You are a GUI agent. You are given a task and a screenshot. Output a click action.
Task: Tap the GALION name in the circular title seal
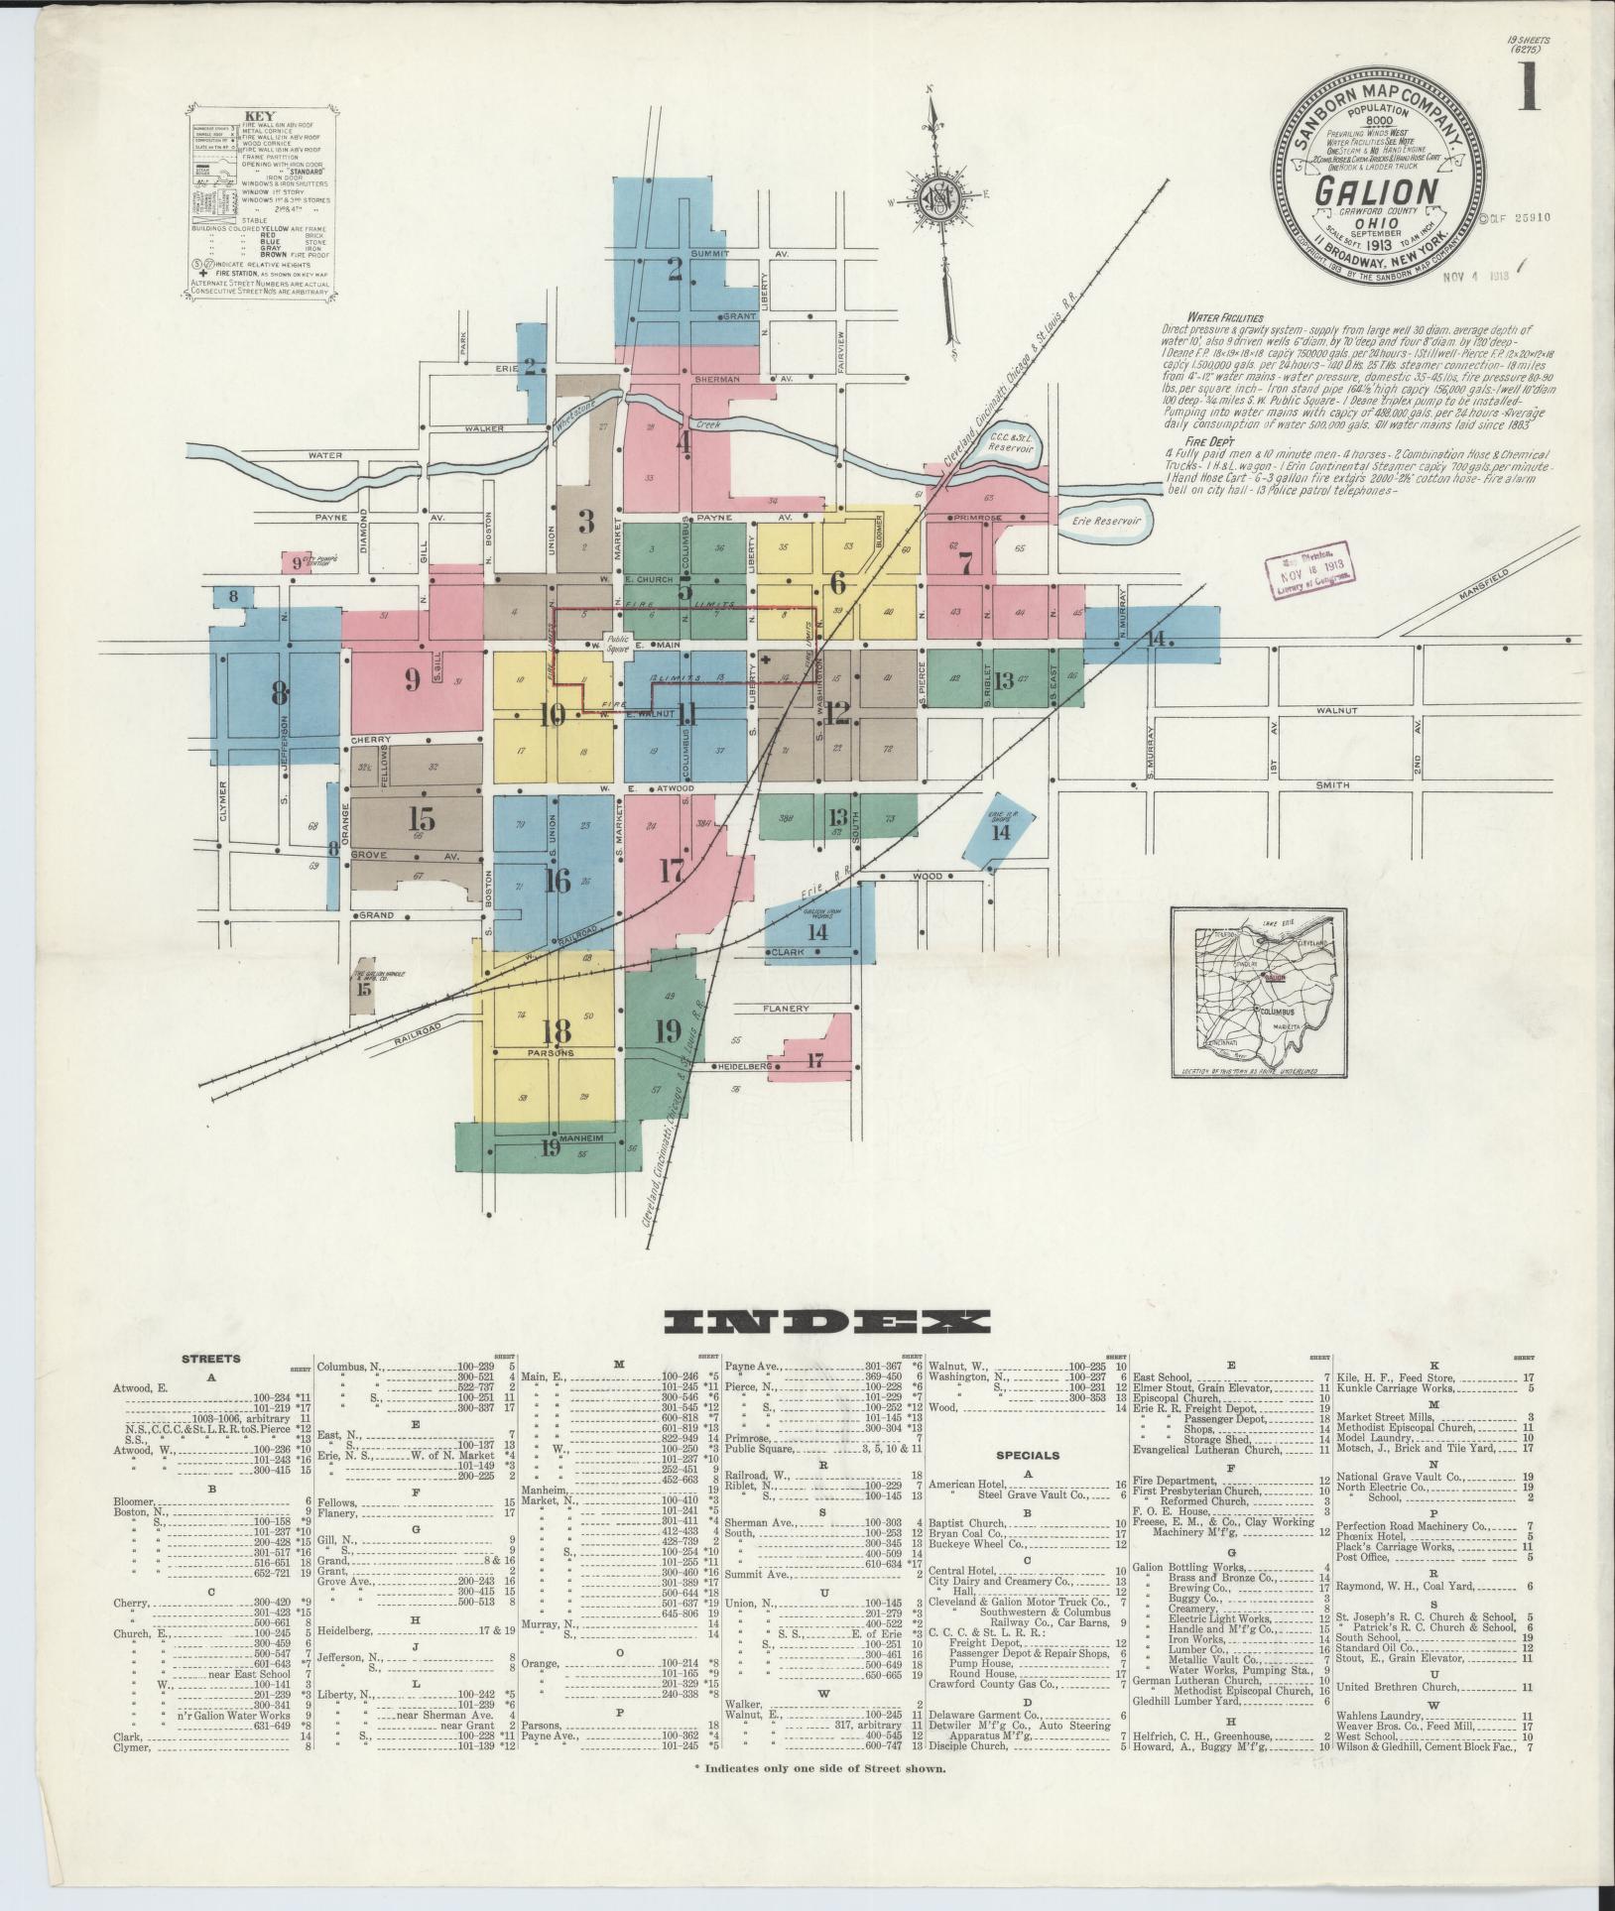[1377, 191]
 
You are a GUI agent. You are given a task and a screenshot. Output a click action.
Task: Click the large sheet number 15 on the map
[422, 819]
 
